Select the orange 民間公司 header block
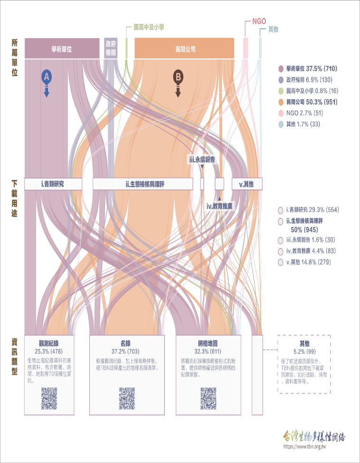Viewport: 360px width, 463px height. coord(185,49)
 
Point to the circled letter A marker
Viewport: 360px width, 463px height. coord(46,76)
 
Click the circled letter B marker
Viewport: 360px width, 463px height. coord(178,76)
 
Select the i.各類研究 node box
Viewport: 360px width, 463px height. coord(53,184)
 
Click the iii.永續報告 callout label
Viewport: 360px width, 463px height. coord(202,160)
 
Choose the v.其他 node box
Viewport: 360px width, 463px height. coord(246,184)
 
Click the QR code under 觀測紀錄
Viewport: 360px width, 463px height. coord(49,398)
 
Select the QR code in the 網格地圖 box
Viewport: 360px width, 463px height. coord(208,398)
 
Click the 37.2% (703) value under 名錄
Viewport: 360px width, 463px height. coord(125,350)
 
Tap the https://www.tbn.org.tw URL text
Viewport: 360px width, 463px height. coord(304,447)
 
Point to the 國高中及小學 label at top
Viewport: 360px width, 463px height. coord(149,28)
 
